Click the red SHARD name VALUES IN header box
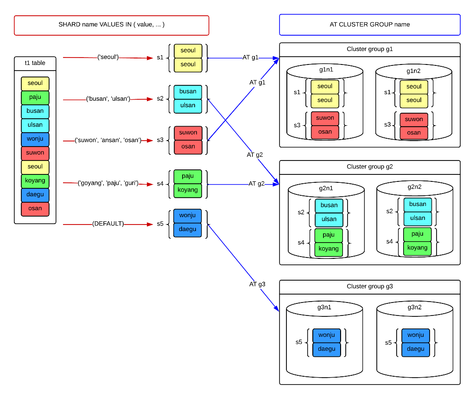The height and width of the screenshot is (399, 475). tap(112, 26)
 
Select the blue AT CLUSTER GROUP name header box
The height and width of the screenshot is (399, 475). tap(370, 25)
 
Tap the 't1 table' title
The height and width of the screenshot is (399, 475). tap(35, 63)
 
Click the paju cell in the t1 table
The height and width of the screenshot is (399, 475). tap(35, 97)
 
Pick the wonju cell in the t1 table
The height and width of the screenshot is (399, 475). tap(35, 139)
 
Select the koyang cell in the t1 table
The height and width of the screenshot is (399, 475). tap(35, 181)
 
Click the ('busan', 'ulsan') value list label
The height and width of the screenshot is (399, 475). tap(108, 99)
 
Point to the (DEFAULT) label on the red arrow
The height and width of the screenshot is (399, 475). tap(108, 224)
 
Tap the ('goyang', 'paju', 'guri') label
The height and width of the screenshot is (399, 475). tap(108, 183)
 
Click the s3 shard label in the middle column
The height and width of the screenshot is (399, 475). tap(160, 140)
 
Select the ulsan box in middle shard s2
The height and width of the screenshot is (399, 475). tap(188, 106)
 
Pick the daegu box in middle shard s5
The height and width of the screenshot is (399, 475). tap(188, 230)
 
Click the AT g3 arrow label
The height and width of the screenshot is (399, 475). tap(257, 284)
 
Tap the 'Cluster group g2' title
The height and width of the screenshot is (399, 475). tap(370, 167)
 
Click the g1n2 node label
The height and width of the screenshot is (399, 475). tap(413, 71)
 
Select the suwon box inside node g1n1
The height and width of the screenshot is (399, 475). tap(325, 118)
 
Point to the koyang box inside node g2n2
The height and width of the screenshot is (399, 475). tap(418, 248)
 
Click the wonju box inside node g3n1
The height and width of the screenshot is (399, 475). tap(327, 335)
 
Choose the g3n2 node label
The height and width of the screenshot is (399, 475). tap(414, 308)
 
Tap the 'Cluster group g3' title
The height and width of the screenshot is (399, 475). tap(370, 287)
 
